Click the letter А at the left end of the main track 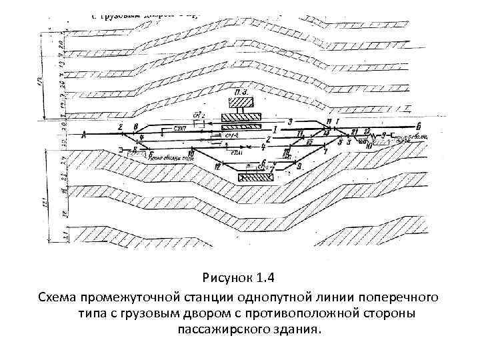click(83, 135)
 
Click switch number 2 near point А click(120, 127)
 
